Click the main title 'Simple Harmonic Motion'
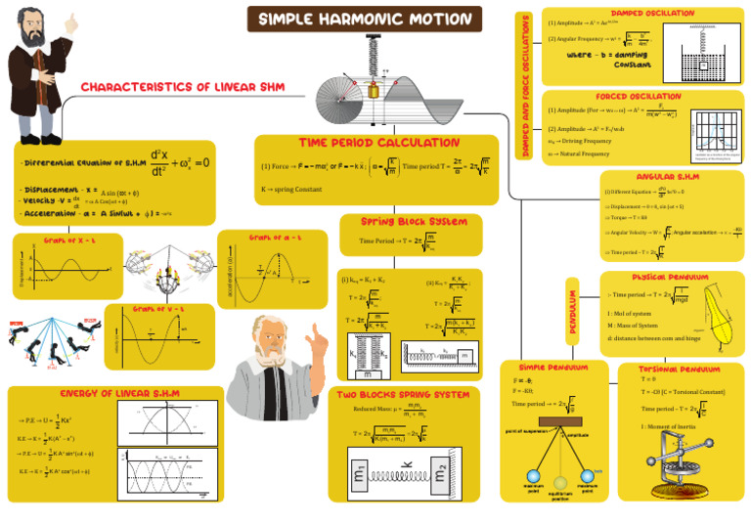(x=365, y=19)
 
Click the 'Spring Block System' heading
(x=413, y=222)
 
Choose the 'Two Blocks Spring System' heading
(x=403, y=395)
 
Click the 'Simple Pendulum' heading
(x=553, y=368)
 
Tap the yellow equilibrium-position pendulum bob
(x=560, y=481)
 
